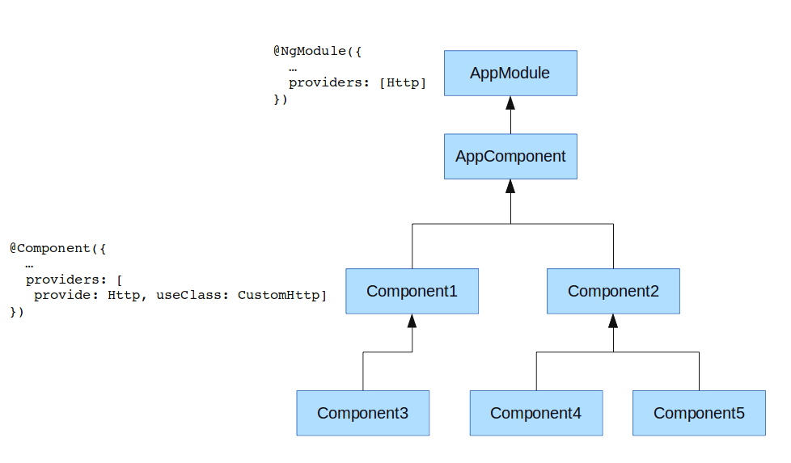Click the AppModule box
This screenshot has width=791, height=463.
(510, 73)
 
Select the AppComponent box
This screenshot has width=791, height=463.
(510, 156)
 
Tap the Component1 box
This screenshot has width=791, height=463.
(412, 291)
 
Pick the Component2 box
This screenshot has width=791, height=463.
(613, 291)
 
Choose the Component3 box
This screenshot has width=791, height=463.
(362, 413)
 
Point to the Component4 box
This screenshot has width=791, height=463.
(536, 413)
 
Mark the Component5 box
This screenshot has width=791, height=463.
(699, 413)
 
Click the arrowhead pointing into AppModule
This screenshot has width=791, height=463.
(510, 103)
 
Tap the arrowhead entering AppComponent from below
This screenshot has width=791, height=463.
(510, 186)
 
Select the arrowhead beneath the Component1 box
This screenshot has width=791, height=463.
(412, 321)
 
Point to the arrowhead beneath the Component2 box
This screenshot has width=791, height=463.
(613, 321)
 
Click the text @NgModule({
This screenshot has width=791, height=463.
(317, 51)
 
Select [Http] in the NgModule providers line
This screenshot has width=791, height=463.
(403, 82)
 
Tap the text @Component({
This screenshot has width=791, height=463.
(57, 248)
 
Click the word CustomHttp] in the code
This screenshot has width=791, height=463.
(282, 295)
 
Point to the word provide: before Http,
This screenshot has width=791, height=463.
(66, 295)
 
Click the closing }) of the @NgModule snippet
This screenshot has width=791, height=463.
(281, 99)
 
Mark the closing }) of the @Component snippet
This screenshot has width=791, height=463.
(17, 312)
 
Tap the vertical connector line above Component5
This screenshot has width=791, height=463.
(699, 372)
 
